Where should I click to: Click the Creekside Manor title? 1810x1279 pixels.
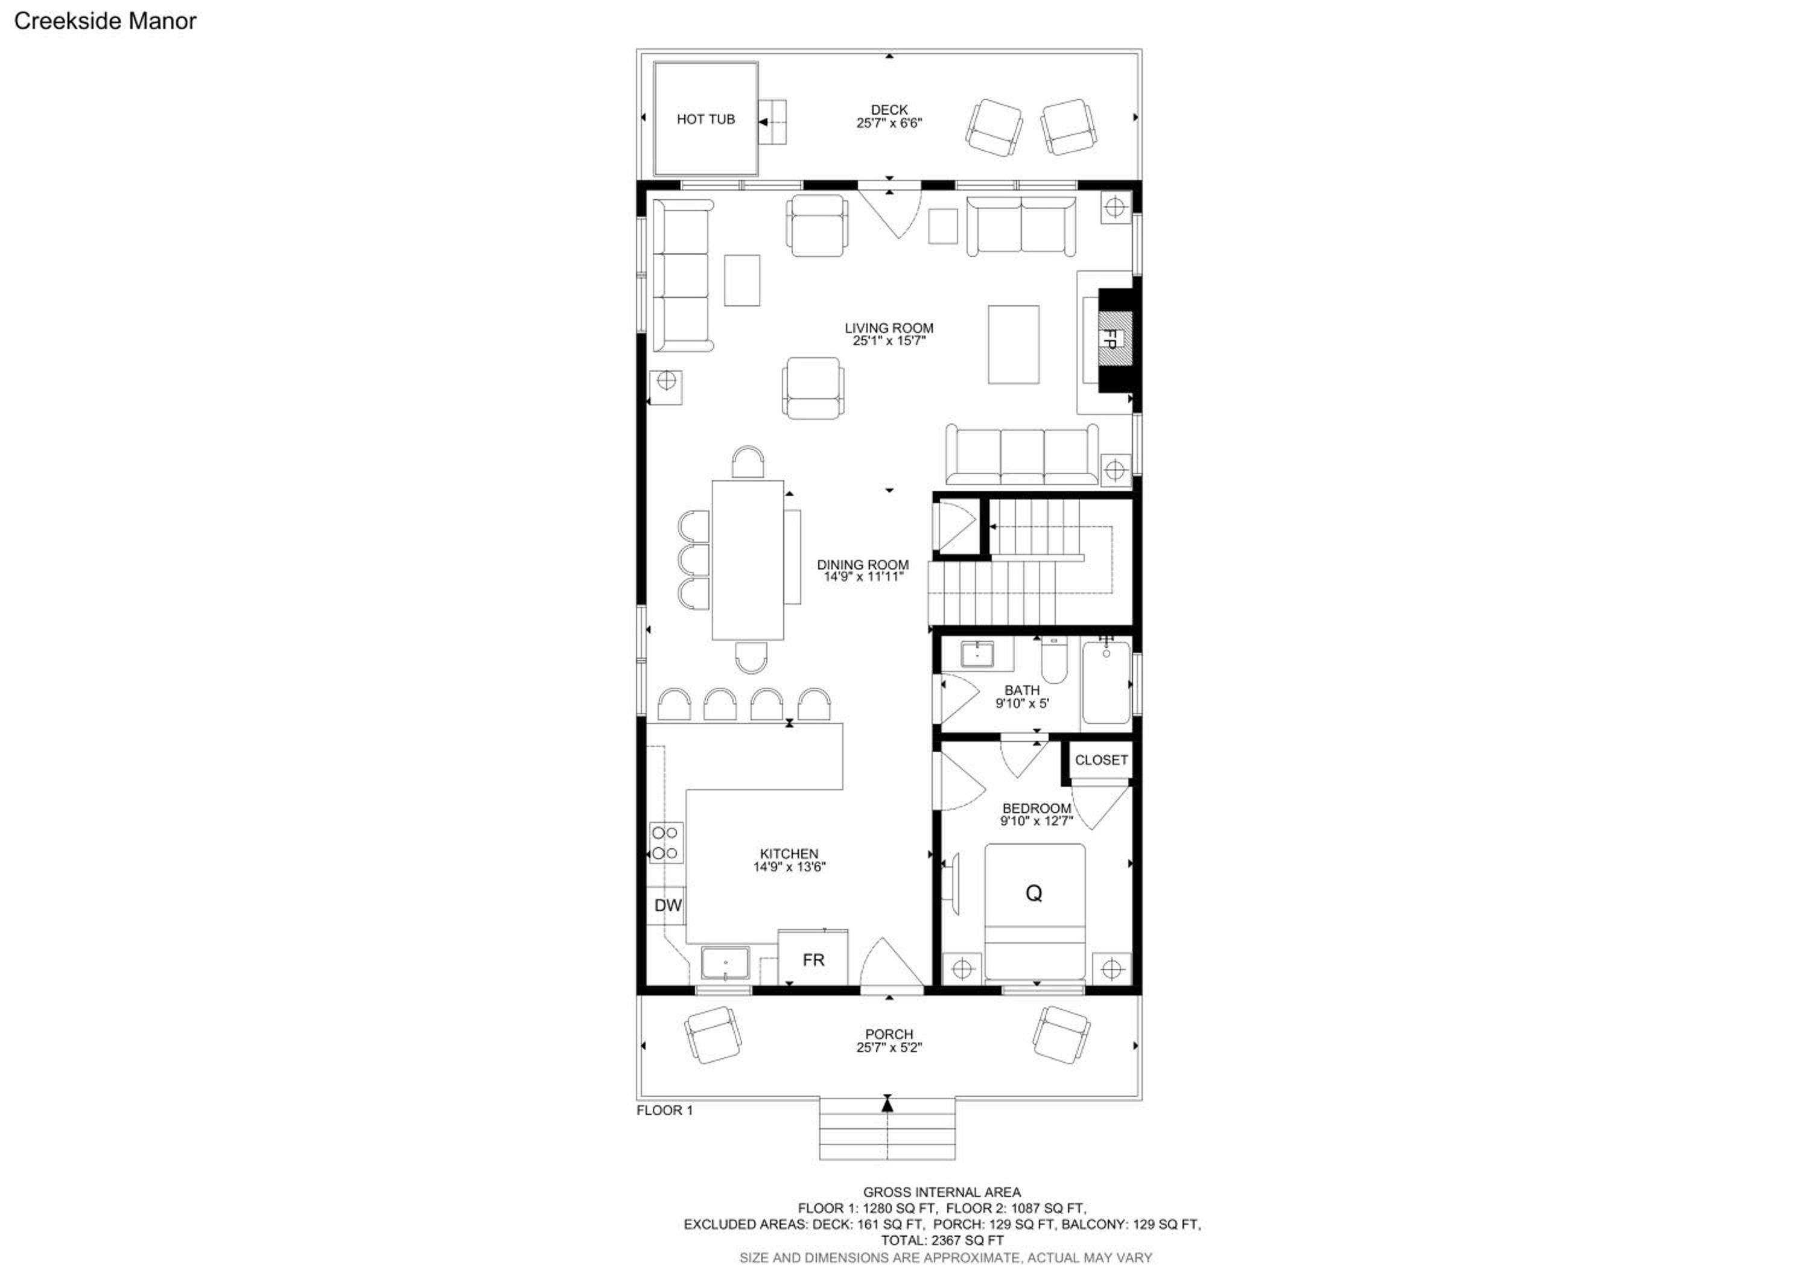tap(105, 21)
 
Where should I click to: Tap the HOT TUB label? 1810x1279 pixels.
tap(705, 119)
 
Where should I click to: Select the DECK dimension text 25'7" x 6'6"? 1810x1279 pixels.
tap(889, 123)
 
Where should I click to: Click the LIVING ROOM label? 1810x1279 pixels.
tap(889, 328)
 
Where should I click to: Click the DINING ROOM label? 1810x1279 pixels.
tap(862, 564)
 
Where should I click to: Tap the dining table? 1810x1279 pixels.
tap(748, 560)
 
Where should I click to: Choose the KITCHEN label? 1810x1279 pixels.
tap(789, 854)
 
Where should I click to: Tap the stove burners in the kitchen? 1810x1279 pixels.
tap(665, 842)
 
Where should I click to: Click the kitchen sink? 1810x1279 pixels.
tap(725, 965)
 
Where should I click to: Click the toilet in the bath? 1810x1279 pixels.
tap(1054, 661)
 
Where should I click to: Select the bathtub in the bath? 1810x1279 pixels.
tap(1106, 682)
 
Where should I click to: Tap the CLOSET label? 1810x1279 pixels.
tap(1101, 760)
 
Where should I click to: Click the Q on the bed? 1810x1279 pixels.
tap(1034, 893)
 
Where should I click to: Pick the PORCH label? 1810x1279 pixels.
tap(889, 1034)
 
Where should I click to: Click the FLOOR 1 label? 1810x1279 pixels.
tap(664, 1110)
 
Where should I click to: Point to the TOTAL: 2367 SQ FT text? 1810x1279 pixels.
tap(942, 1240)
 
